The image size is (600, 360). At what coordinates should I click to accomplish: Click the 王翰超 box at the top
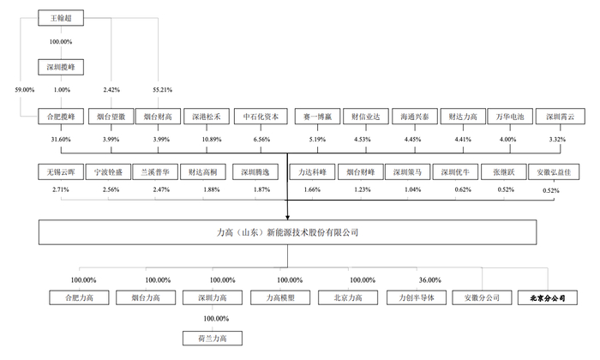62,16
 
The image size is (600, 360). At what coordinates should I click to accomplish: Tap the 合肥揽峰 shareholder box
62,116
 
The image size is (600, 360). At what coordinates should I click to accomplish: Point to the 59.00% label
24,89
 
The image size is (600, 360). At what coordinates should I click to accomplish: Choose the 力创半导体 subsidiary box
417,298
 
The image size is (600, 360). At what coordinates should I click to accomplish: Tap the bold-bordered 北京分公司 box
549,298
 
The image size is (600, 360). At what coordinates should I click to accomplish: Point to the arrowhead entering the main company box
287,217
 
